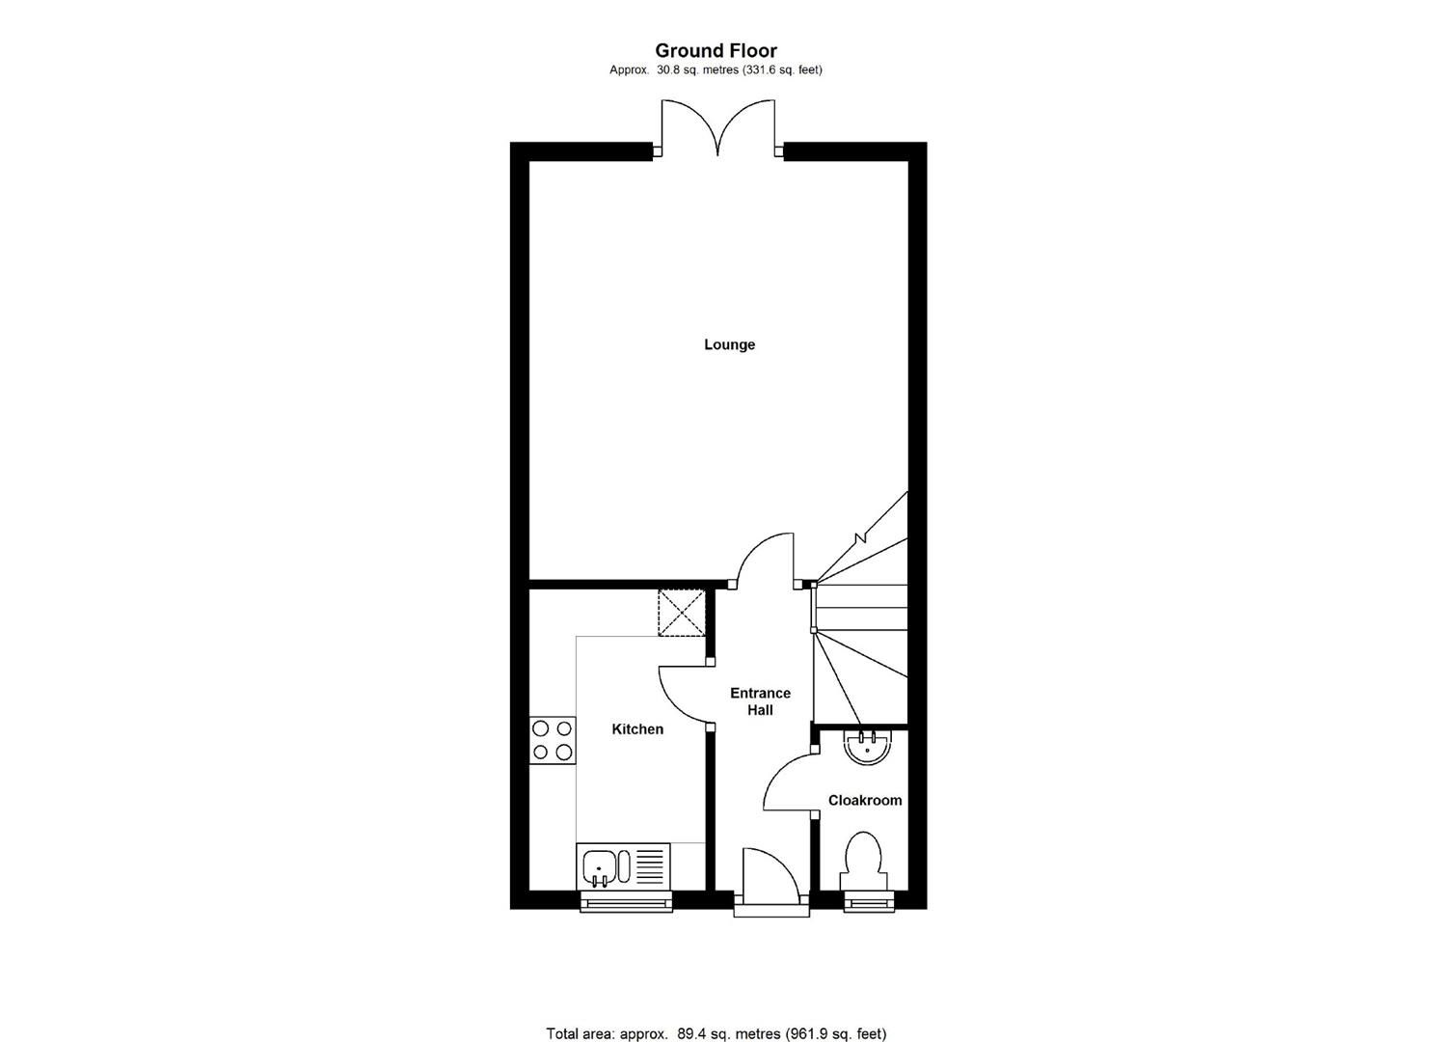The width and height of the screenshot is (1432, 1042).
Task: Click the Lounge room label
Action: tap(729, 344)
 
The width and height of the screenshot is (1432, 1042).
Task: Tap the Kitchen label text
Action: tap(637, 729)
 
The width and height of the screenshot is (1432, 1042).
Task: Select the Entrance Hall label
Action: tap(760, 701)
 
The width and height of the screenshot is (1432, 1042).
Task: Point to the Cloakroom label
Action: tap(865, 800)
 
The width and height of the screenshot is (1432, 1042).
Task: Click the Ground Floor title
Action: tap(716, 50)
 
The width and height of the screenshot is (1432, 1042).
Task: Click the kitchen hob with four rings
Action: tap(553, 740)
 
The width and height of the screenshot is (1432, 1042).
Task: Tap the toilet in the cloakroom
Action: tap(862, 861)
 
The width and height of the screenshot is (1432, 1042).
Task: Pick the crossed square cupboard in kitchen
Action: tap(682, 612)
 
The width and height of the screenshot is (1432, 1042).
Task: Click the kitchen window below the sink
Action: tap(626, 902)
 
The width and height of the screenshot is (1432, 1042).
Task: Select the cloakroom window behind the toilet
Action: tap(869, 902)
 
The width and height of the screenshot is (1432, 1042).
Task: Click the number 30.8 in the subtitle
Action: tap(667, 69)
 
